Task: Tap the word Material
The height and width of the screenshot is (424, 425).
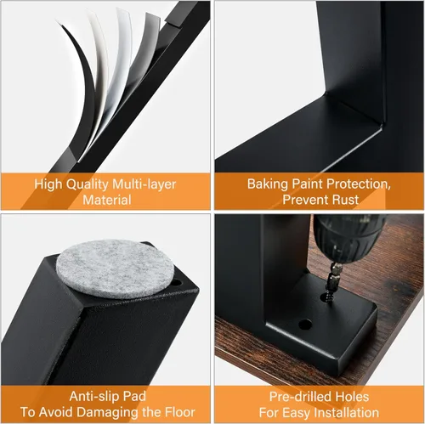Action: [106, 200]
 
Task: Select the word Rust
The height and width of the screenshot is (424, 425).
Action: [343, 200]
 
